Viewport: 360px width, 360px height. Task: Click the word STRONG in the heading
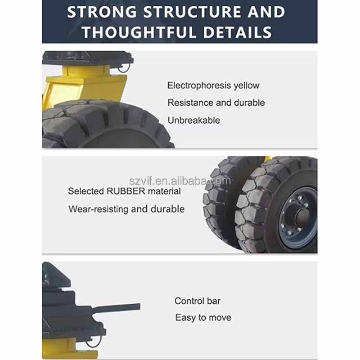[x=101, y=12]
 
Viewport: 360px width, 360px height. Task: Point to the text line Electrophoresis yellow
[x=213, y=85]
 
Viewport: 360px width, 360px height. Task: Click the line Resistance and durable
[x=216, y=103]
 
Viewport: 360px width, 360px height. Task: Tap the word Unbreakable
[x=193, y=120]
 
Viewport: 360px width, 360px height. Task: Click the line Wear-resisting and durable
[x=126, y=209]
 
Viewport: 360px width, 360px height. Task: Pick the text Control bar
[x=198, y=301]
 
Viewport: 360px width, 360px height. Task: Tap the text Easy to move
[x=203, y=318]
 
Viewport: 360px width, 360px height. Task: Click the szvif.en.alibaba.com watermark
[x=192, y=181]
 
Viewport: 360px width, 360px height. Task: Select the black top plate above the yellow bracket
[x=88, y=58]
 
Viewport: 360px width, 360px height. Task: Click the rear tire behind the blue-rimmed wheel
[x=218, y=202]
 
